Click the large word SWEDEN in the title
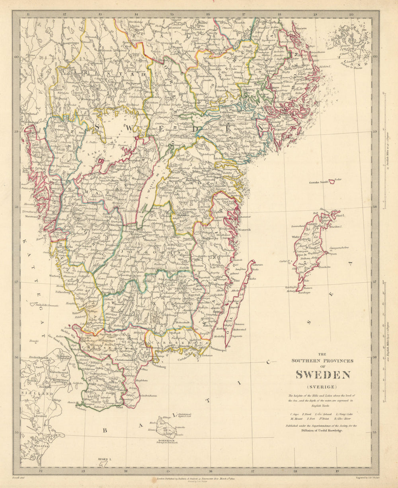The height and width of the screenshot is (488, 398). click(x=323, y=375)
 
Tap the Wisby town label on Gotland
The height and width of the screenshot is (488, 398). click(x=296, y=236)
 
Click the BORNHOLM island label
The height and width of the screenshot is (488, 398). click(x=166, y=439)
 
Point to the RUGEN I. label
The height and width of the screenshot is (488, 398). click(x=105, y=459)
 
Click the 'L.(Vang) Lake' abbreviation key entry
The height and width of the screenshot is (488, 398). click(x=344, y=414)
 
